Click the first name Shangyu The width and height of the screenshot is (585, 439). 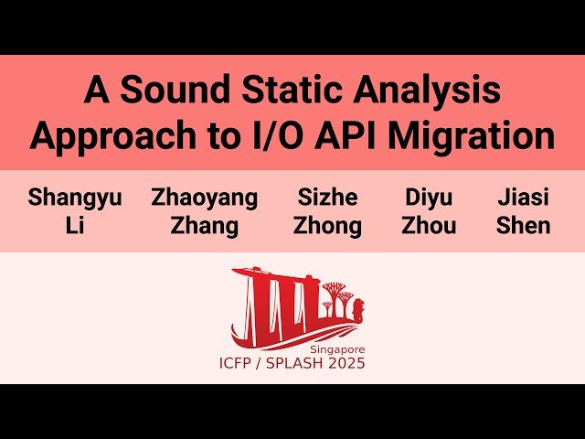coord(75,197)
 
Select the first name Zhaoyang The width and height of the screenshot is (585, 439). coord(205,197)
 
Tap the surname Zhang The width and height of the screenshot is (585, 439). coord(205,225)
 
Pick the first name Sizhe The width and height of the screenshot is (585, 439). coord(327,197)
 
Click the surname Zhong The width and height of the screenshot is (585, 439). coord(327,225)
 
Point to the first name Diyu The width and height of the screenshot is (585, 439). coord(429,197)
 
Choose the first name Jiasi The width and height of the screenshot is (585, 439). coord(524,197)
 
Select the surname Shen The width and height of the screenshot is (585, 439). coord(524,225)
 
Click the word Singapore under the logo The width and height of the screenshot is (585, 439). coord(337,349)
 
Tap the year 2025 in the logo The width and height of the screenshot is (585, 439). coord(346,364)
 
